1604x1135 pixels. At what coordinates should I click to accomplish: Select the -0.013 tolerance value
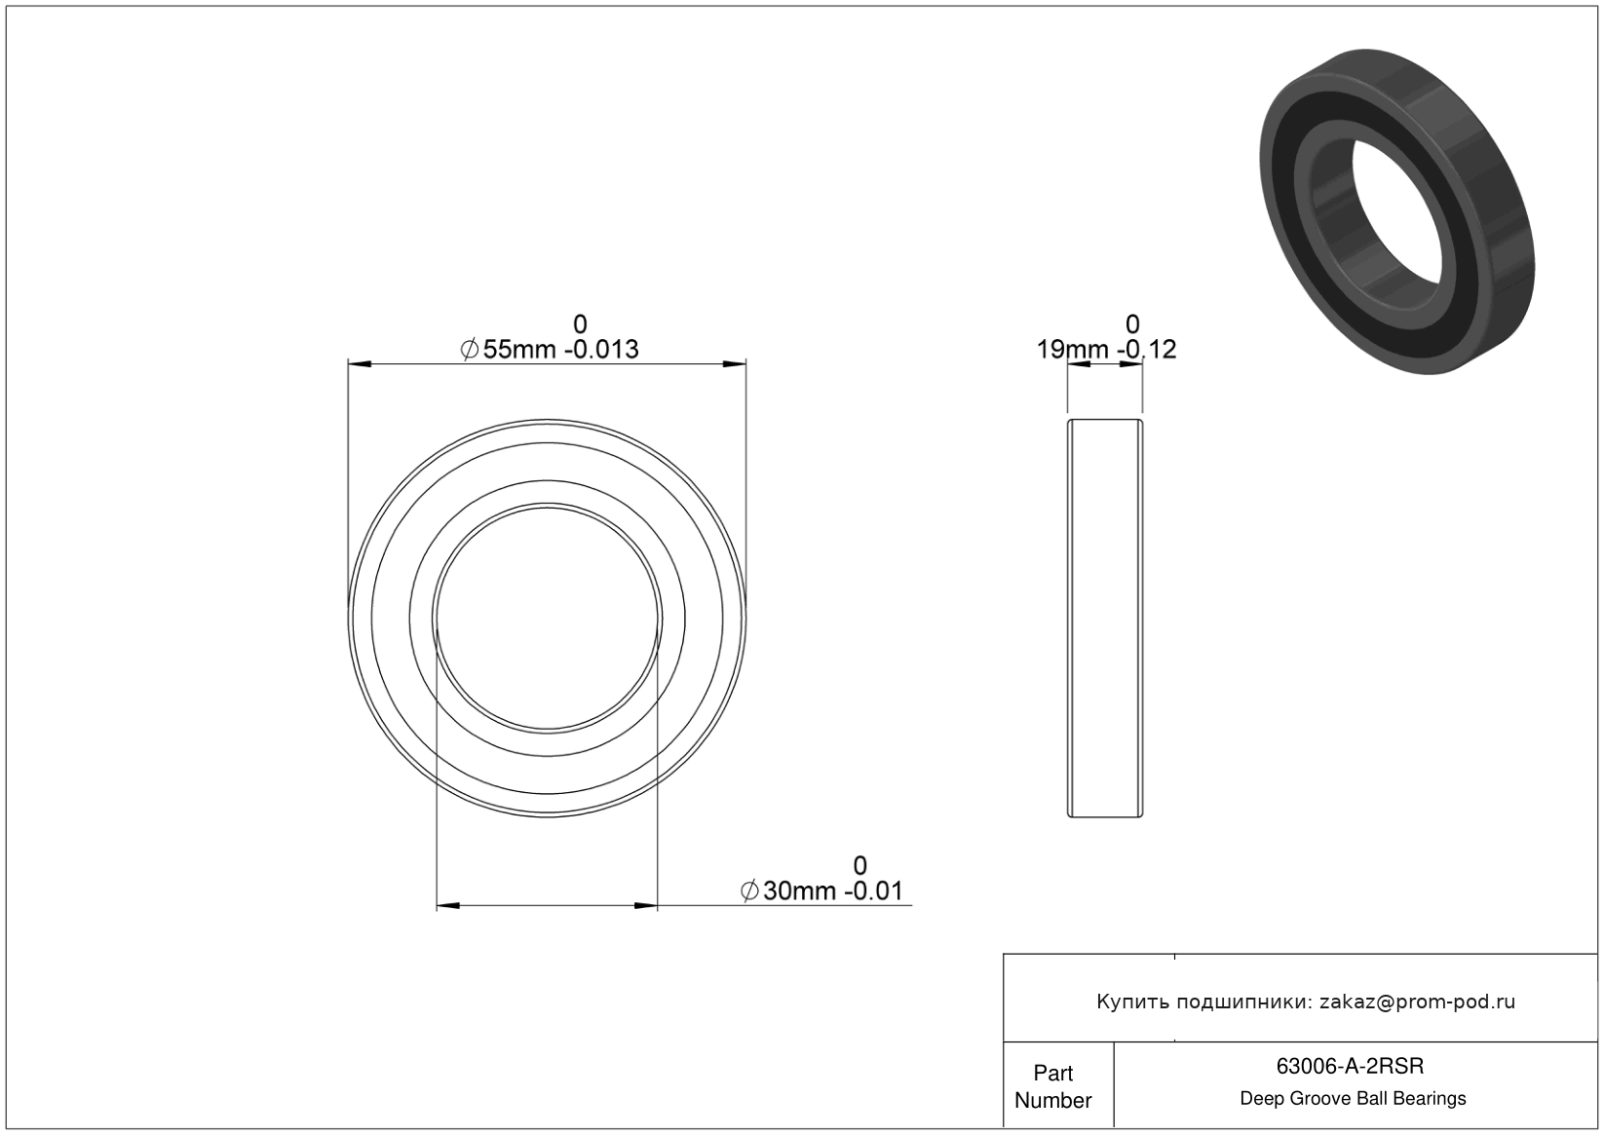[x=601, y=350]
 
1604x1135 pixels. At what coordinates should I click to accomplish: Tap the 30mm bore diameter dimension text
[x=800, y=890]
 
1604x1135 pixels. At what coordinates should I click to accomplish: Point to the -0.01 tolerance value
[x=873, y=890]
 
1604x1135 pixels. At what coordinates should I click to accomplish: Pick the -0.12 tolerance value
[x=1146, y=350]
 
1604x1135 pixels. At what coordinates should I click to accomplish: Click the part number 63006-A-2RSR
[x=1350, y=1066]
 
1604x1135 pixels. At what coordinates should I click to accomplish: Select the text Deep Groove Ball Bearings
[x=1353, y=1099]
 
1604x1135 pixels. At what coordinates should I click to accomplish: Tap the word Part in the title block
[x=1052, y=1073]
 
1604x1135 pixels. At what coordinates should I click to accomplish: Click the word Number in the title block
[x=1052, y=1100]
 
